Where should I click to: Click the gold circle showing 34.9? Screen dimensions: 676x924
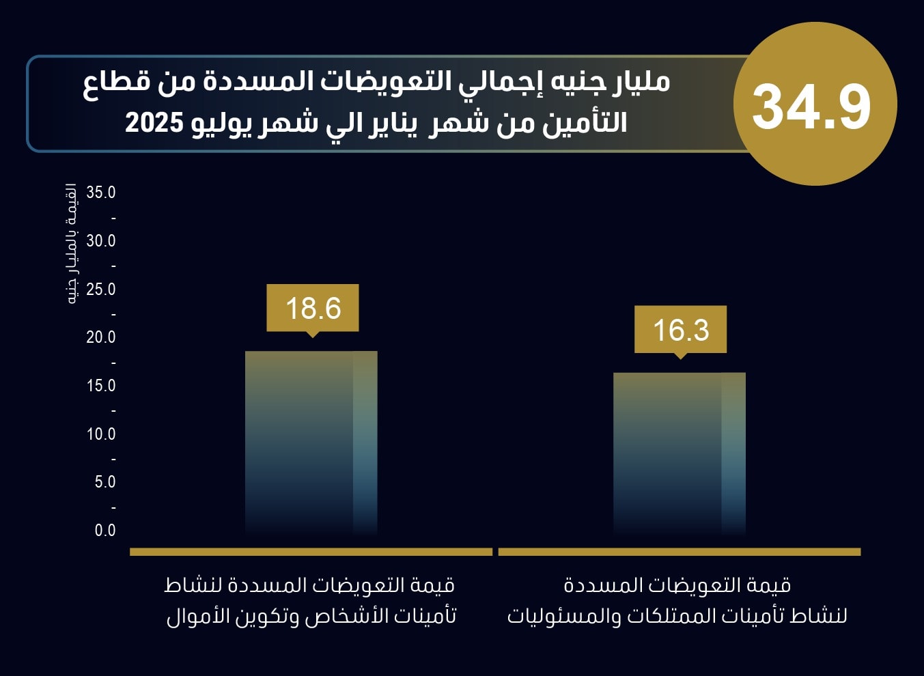coord(814,104)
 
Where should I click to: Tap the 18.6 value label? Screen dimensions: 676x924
coord(313,308)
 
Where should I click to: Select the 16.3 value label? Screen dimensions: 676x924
coord(680,330)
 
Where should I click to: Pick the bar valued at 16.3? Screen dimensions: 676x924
coord(679,453)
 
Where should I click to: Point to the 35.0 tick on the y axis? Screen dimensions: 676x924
coord(101,193)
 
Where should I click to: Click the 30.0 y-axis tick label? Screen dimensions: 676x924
coord(101,241)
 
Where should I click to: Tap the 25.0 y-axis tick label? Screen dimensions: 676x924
coord(101,290)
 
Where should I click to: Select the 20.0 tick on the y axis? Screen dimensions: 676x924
coord(101,337)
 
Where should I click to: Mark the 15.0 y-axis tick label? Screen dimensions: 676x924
coord(101,386)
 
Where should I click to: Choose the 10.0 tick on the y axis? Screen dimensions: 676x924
coord(101,434)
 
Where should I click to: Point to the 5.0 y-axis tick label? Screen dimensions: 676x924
coord(105,482)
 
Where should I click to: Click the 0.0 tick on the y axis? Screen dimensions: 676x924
coord(105,531)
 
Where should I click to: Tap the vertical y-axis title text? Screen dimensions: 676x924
coord(71,244)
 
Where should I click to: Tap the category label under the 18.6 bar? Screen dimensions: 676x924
coord(311,601)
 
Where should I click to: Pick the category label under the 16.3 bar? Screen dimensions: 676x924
coord(677,601)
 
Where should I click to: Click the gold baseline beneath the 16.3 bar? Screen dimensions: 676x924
coord(679,552)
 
